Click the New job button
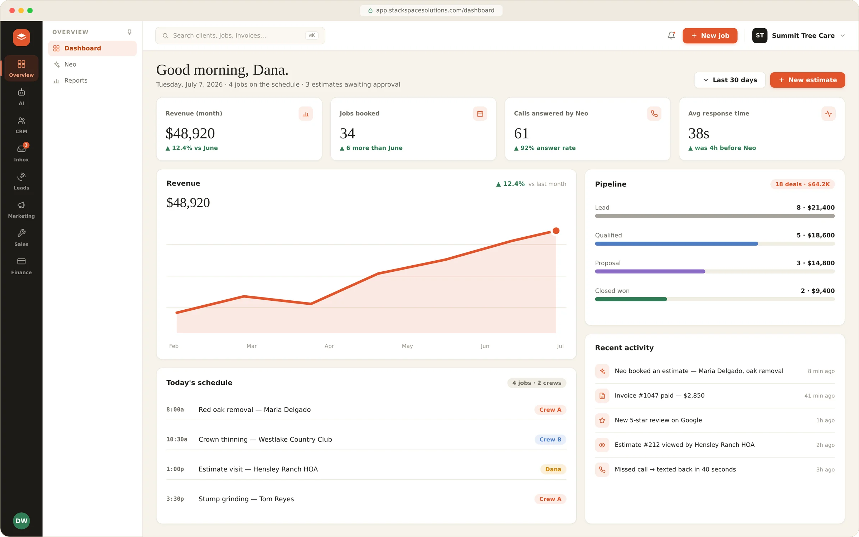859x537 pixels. (710, 35)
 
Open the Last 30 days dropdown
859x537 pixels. (730, 80)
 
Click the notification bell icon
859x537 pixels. (671, 35)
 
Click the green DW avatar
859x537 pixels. (21, 521)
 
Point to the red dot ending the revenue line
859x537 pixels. (556, 231)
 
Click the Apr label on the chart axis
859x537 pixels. (329, 346)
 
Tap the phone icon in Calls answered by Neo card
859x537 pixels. (654, 114)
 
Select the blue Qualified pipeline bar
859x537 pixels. (676, 244)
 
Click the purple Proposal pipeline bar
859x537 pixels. (650, 271)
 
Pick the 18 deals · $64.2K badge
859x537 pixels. (802, 184)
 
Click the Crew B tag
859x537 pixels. (550, 439)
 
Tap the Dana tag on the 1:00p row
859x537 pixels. (553, 469)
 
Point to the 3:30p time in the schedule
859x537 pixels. (175, 499)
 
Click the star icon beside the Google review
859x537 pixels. (602, 420)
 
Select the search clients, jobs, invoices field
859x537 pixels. (240, 35)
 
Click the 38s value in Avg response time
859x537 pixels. (698, 134)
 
